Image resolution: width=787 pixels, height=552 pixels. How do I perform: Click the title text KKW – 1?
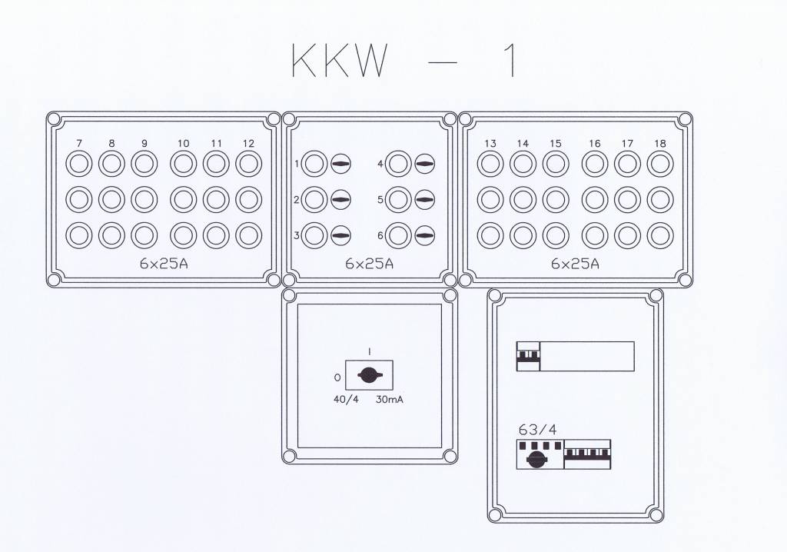(x=403, y=62)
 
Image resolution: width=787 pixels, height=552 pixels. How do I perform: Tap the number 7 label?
(x=79, y=144)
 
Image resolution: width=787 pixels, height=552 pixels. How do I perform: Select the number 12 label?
(x=247, y=144)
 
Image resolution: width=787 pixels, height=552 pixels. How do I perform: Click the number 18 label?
(x=659, y=144)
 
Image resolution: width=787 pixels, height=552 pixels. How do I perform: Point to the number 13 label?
(x=490, y=144)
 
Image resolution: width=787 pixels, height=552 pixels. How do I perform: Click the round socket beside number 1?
(x=314, y=164)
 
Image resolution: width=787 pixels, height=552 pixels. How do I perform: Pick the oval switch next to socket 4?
(x=424, y=164)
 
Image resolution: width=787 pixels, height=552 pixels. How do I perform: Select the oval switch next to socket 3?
(x=340, y=235)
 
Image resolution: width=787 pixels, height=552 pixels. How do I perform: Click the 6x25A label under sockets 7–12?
(x=164, y=264)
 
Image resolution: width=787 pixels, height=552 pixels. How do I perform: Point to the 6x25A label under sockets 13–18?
(x=575, y=264)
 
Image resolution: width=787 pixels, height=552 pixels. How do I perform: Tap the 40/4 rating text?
(x=346, y=399)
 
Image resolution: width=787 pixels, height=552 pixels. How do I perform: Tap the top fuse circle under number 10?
(x=183, y=164)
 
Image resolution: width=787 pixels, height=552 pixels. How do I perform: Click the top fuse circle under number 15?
(x=555, y=164)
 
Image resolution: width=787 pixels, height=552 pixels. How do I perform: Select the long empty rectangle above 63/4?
(x=587, y=356)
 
